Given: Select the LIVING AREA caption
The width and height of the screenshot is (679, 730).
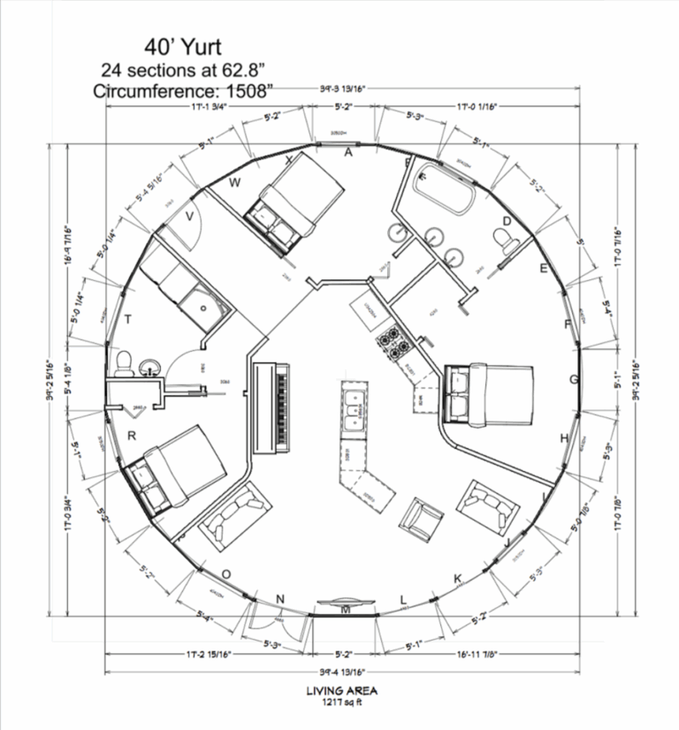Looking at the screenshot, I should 339,691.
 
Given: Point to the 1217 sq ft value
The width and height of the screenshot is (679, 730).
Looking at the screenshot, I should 339,703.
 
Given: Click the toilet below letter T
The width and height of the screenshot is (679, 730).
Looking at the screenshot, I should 125,361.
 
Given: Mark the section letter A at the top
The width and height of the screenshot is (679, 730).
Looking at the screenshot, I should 348,152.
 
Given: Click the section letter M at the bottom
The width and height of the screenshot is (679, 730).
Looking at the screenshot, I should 346,611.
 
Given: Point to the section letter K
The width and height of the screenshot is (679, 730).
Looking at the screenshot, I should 458,578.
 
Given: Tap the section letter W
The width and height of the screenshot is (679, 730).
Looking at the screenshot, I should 235,183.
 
